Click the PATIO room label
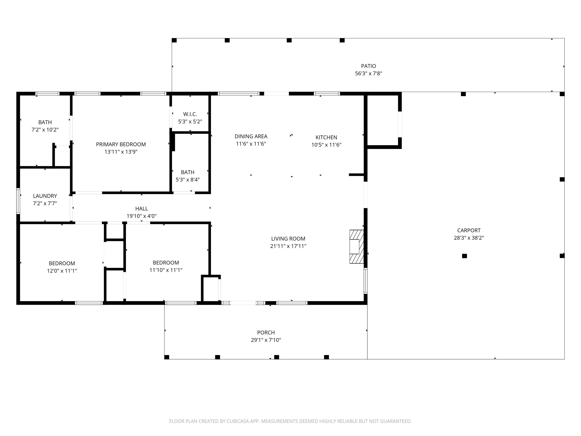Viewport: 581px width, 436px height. point(368,66)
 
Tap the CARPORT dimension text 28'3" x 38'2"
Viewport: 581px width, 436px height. point(469,238)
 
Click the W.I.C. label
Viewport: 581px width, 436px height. point(190,114)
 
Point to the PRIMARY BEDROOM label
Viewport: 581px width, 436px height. point(121,144)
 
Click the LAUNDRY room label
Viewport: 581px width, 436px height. point(45,196)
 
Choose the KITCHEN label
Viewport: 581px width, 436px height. point(326,137)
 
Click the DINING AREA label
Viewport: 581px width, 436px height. point(251,136)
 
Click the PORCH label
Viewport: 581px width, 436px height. point(266,333)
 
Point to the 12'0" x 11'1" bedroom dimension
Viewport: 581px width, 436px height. point(62,271)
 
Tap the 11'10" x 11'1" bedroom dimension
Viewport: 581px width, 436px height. point(166,270)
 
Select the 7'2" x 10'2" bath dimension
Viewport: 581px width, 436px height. point(45,130)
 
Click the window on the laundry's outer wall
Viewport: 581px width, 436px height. point(18,201)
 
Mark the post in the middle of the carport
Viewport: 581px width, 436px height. point(464,256)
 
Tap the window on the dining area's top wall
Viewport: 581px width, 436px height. point(238,94)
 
